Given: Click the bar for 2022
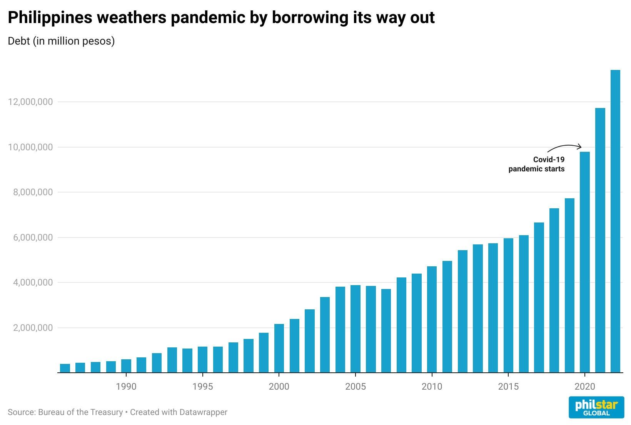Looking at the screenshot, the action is (x=615, y=221).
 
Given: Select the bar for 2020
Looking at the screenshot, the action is (x=585, y=262).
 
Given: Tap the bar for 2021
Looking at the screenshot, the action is (x=600, y=240).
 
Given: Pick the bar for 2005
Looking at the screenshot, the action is (x=356, y=329).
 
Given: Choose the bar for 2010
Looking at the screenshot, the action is (x=432, y=320).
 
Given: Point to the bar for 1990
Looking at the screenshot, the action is (x=126, y=366).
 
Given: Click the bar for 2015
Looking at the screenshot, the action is (x=509, y=305).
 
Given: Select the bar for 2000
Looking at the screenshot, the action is (x=279, y=348).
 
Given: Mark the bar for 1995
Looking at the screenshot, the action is (x=202, y=360).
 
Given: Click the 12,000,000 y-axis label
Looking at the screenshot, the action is (x=30, y=102).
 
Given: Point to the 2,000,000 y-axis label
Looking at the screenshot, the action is (x=33, y=328).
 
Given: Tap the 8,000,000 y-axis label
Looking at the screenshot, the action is (x=33, y=192).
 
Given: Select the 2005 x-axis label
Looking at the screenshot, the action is (x=356, y=387).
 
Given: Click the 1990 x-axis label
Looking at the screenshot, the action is (x=126, y=387).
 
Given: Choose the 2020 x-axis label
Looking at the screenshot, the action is (x=585, y=387).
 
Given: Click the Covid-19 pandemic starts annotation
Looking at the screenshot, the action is (x=536, y=164).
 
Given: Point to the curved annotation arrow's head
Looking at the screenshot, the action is (x=581, y=147).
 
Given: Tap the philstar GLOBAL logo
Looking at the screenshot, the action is (x=596, y=407).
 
